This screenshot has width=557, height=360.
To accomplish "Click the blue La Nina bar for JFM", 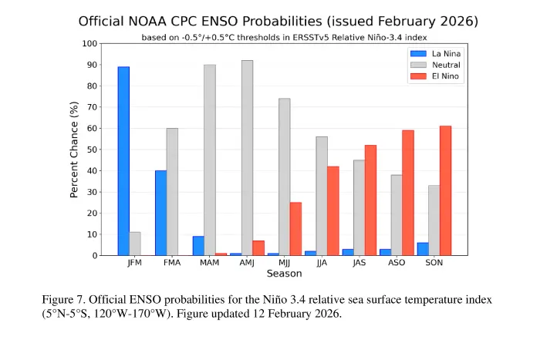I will pyautogui.click(x=123, y=161).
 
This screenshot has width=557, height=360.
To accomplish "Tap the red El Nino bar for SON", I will pyautogui.click(x=445, y=190).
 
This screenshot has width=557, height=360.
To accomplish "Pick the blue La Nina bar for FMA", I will pyautogui.click(x=160, y=213).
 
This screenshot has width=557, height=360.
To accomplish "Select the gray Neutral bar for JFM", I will pyautogui.click(x=135, y=244).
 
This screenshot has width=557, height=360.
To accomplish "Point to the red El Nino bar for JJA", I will pyautogui.click(x=333, y=210).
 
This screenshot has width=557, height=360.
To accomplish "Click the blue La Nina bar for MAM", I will pyautogui.click(x=198, y=246).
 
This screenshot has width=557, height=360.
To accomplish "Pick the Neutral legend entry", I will pyautogui.click(x=447, y=65).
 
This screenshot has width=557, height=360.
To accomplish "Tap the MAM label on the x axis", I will pyautogui.click(x=209, y=263).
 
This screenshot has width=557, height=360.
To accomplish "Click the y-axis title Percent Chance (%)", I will pyautogui.click(x=75, y=150).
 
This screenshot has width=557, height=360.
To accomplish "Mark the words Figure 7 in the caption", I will pyautogui.click(x=63, y=299).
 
